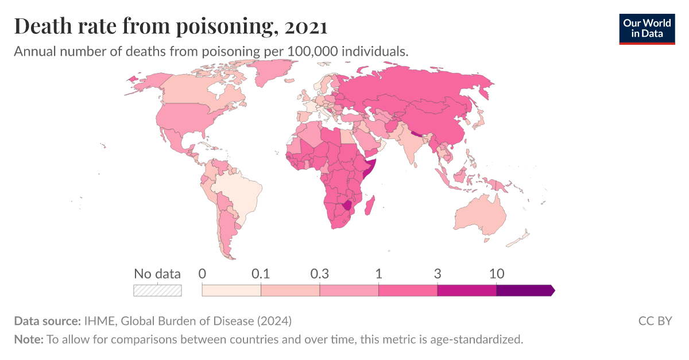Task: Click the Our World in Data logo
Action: pos(647,28)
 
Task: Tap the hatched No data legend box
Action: pos(157,291)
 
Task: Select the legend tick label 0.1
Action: pos(261,274)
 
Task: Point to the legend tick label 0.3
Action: pos(320,274)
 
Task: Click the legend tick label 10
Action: pos(496,274)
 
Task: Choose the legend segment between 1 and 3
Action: pos(408,291)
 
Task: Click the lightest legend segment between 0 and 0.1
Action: pos(231,291)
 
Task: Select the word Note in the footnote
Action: pos(28,339)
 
